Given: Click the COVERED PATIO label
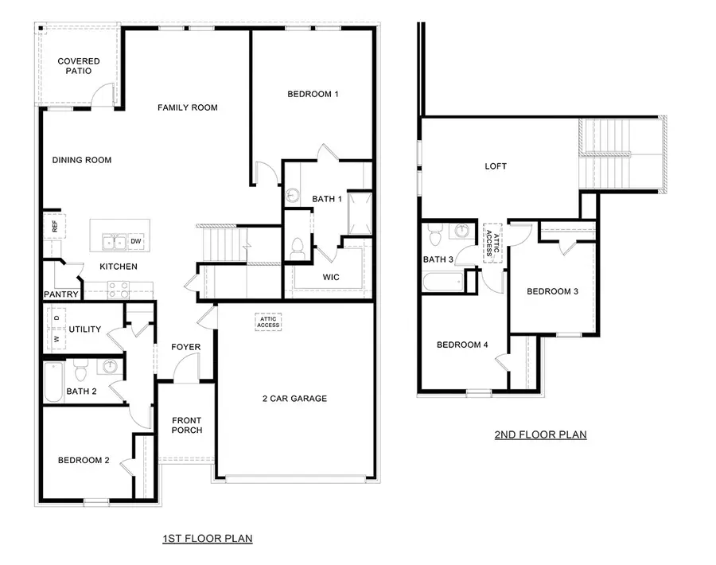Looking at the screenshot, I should (x=79, y=66).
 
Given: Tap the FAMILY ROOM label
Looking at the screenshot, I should (x=187, y=107).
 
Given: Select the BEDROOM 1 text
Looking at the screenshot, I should (x=313, y=94).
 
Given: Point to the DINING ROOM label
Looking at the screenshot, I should (x=82, y=160).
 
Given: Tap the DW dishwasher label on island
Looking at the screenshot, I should (x=136, y=241).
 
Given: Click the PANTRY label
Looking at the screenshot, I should (x=61, y=294).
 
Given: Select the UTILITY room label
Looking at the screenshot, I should (x=84, y=329).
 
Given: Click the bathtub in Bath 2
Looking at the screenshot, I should (x=53, y=382).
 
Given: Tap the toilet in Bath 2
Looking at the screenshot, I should (x=80, y=372).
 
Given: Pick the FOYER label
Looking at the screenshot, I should (x=185, y=347).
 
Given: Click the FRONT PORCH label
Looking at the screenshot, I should (x=187, y=425).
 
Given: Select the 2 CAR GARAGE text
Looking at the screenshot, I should (x=295, y=399).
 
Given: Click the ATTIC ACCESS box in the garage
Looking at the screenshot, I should (x=268, y=321).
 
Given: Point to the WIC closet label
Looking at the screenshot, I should (x=331, y=278).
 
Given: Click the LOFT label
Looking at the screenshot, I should (x=496, y=166).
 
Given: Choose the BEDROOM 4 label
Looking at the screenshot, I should (x=462, y=345).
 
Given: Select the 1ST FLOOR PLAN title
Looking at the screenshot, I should (x=207, y=539).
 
